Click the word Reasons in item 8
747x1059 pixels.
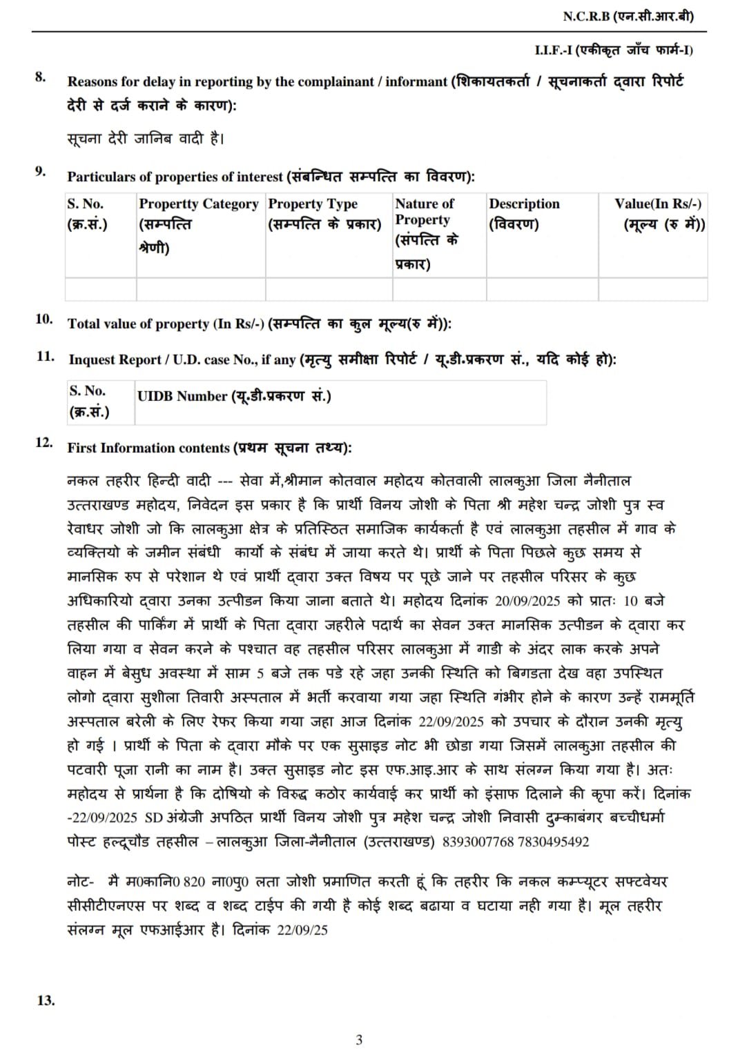93,81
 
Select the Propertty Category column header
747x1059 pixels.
199,204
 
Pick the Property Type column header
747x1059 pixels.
313,204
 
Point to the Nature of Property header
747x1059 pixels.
425,211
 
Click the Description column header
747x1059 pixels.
524,204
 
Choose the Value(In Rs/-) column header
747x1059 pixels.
658,204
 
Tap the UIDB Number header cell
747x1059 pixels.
234,396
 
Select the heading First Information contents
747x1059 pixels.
148,448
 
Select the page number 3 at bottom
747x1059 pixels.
359,1040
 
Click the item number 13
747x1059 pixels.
45,1000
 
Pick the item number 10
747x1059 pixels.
44,319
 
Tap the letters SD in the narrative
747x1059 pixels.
153,818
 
